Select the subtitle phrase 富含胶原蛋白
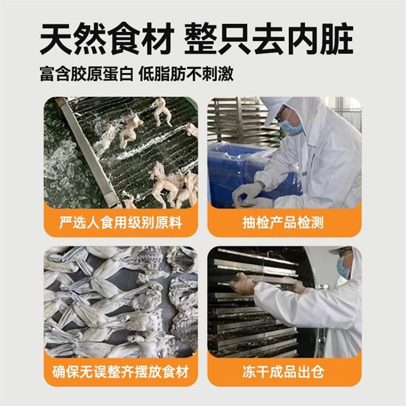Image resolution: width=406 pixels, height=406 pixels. point(86,74)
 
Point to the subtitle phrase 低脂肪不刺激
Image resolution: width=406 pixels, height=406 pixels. point(188,74)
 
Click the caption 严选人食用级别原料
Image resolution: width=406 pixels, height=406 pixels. point(120,222)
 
